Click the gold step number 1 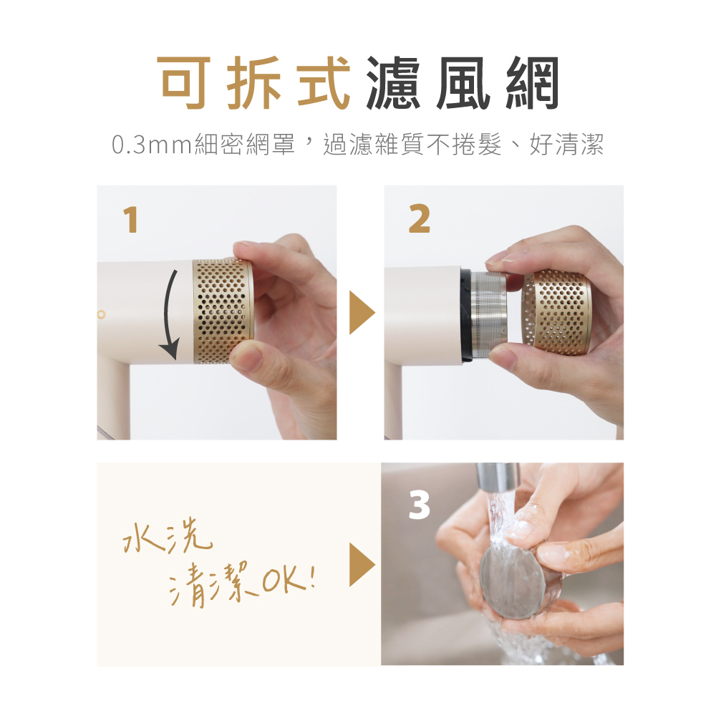[x=130, y=220]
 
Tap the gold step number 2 [x=419, y=219]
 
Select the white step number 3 [x=419, y=505]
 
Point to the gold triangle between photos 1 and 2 [x=362, y=313]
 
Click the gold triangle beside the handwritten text [x=362, y=564]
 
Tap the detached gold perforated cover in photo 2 [x=556, y=312]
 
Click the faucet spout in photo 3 [x=498, y=478]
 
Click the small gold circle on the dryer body [x=102, y=314]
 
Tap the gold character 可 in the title [x=183, y=82]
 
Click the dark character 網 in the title [x=533, y=82]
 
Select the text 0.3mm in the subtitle [x=152, y=145]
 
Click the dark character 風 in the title [x=463, y=82]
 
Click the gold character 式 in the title [x=324, y=82]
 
